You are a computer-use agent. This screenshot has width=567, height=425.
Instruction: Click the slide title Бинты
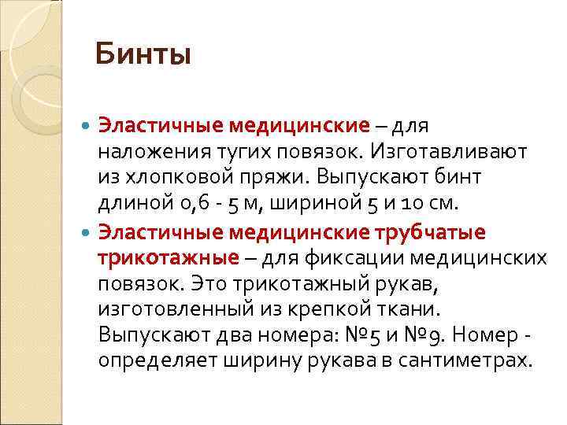tap(143, 55)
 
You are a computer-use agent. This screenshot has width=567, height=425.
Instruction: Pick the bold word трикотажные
tap(167, 258)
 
